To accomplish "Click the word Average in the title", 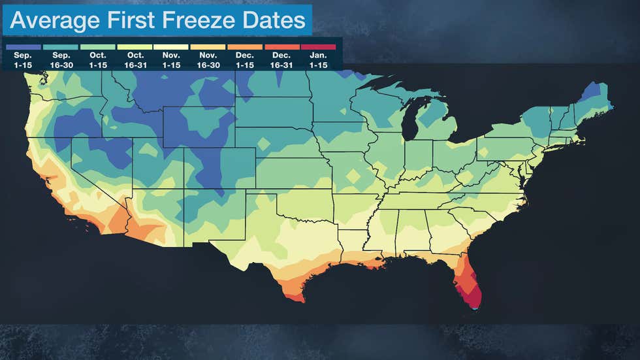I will click(x=54, y=21).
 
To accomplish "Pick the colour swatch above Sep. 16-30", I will click(x=60, y=47).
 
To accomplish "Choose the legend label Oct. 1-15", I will click(x=97, y=60).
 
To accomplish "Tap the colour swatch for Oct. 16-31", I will click(x=135, y=47).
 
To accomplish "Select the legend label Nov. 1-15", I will click(x=172, y=60).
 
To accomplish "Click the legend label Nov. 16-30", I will click(x=209, y=60).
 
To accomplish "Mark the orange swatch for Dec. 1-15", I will click(x=245, y=47).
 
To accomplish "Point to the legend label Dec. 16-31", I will click(x=282, y=60).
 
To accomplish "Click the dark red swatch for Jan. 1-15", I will click(x=319, y=47).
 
